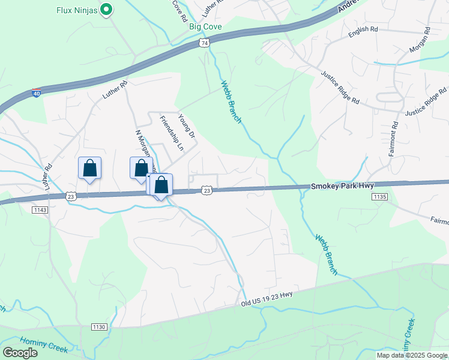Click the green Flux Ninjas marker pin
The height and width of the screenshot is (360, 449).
pos(106,10)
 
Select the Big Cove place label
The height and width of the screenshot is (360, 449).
pos(205,27)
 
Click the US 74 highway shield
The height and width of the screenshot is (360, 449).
pos(205,43)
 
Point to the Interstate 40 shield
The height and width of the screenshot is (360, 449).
pos(37,94)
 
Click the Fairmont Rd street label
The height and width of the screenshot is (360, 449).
pos(394,140)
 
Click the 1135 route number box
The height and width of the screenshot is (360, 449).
pos(379,196)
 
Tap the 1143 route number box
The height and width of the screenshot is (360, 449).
pos(41,209)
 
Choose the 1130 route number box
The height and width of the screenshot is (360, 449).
pos(99,326)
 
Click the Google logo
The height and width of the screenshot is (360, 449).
pos(20,352)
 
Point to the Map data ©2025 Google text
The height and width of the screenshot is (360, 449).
pos(412,355)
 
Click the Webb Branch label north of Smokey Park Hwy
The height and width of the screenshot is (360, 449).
pos(231,102)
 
